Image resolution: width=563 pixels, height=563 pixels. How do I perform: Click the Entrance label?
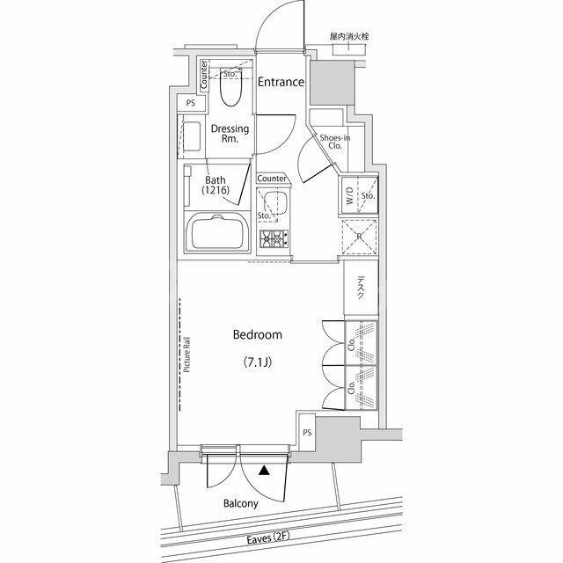tap(281, 82)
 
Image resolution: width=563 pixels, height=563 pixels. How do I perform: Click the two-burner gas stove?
tap(274, 238)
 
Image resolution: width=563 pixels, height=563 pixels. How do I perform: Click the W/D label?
tap(350, 196)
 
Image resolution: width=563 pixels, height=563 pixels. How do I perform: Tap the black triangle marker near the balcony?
tap(264, 471)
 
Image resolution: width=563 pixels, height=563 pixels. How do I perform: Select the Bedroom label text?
tap(258, 334)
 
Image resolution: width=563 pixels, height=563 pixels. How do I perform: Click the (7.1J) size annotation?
tap(258, 362)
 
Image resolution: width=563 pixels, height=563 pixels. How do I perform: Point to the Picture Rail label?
tap(187, 355)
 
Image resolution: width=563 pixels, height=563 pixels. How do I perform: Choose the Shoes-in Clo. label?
tap(335, 142)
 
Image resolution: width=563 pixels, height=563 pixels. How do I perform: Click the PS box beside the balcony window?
tap(307, 433)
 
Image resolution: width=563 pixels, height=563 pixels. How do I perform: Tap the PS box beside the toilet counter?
tap(191, 104)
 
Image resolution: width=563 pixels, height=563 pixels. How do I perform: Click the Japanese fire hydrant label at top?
tap(349, 37)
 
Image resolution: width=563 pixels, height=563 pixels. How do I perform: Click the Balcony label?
tap(240, 503)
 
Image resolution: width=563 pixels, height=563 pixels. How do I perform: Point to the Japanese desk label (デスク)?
tap(361, 288)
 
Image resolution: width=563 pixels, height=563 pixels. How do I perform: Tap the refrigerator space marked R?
tap(359, 237)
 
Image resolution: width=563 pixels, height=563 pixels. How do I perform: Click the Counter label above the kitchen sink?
tap(272, 179)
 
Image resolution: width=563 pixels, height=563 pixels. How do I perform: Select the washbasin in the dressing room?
tap(192, 137)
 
